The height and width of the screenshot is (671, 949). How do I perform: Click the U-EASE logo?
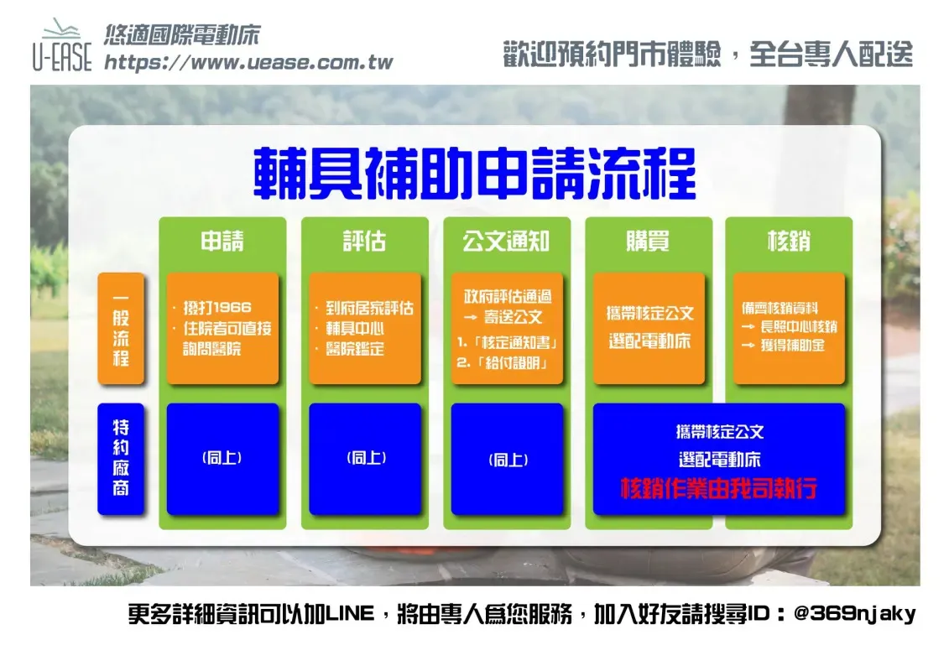[62, 45]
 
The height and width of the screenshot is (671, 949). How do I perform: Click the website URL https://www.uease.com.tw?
[248, 62]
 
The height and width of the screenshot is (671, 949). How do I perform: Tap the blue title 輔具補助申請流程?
[475, 174]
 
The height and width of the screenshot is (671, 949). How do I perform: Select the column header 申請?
[222, 241]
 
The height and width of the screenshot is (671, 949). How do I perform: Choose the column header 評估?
[364, 241]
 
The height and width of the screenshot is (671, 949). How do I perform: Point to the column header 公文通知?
[506, 241]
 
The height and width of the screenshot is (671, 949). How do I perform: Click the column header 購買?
[648, 241]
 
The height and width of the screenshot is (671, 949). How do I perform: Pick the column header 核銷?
[789, 241]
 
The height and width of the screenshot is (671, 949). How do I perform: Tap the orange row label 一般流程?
[121, 329]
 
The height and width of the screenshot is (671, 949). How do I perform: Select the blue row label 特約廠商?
[121, 459]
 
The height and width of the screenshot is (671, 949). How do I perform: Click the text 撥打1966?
[217, 307]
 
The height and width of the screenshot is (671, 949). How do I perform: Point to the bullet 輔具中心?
[355, 329]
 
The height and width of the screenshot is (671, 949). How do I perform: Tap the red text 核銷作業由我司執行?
[719, 487]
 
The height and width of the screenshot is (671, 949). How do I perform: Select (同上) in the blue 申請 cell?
[222, 458]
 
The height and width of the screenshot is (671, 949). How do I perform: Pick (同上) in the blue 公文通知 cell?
[508, 460]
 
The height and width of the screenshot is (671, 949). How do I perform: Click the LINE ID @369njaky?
[854, 613]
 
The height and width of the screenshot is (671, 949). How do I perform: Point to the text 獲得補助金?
[792, 345]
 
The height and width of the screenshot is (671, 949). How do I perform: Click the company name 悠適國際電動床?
[182, 35]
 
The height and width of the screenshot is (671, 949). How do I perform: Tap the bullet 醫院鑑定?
[355, 349]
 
